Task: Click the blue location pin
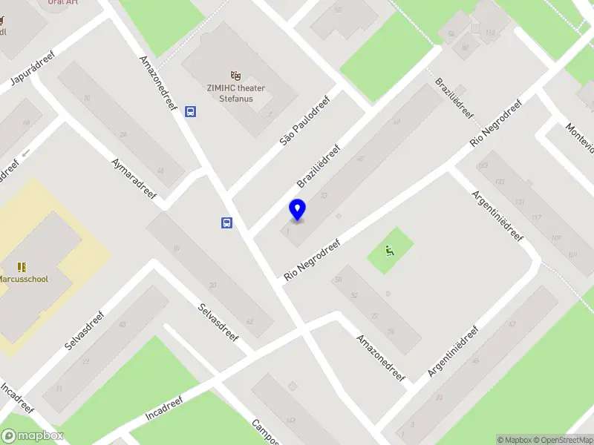[297, 210]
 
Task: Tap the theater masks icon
[236, 75]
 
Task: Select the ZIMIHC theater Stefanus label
[236, 93]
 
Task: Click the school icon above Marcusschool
[22, 266]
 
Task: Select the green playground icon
[390, 250]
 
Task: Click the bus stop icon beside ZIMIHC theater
[191, 112]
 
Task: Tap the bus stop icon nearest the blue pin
[226, 222]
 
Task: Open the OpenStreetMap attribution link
[561, 440]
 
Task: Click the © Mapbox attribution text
[514, 440]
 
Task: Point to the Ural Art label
[64, 2]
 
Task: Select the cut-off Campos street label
[265, 432]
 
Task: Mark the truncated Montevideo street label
[580, 136]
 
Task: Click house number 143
[290, 421]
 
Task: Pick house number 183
[483, 165]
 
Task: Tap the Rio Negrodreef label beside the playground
[312, 260]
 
